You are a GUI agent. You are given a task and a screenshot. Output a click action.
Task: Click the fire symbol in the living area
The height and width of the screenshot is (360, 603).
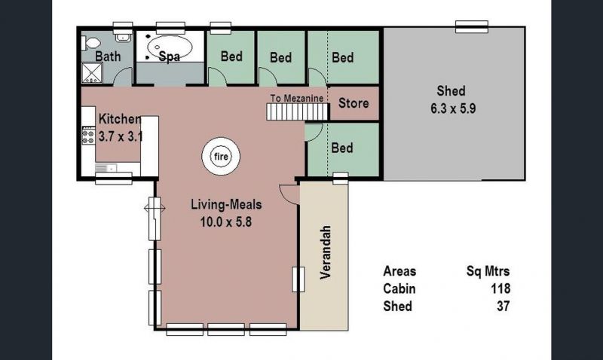pos(221,157)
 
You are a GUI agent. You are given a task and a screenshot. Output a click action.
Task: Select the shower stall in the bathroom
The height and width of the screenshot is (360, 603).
pos(92,73)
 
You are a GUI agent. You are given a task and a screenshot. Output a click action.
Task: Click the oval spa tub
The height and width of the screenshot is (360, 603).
pos(170,47)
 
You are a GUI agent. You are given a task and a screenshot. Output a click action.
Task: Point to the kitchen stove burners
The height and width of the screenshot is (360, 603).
pos(88,136)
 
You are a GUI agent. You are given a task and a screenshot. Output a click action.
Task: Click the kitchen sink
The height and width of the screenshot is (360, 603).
pos(106,168)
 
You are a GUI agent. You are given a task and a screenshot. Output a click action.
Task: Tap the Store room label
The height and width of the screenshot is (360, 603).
pos(354,103)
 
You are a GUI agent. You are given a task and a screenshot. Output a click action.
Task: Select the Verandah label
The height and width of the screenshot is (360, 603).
pos(326,252)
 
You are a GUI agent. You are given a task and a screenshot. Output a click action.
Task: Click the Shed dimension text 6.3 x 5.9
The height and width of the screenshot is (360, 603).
pos(453,108)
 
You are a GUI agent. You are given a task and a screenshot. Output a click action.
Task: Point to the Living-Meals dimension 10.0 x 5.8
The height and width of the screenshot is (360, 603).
pos(225,221)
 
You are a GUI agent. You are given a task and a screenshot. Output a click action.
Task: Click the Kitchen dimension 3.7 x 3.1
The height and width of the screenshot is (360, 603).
pos(121,136)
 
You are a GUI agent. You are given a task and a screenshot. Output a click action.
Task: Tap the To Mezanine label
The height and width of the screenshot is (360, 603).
pos(296,99)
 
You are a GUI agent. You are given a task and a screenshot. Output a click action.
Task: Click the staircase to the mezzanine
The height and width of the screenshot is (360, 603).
pos(298,112)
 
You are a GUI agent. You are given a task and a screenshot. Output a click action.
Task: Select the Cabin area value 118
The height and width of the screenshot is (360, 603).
pos(500,288)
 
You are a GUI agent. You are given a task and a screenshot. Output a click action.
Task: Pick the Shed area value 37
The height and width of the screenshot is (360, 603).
pos(503,307)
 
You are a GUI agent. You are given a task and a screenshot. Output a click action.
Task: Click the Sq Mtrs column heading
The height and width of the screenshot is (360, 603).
pos(488,271)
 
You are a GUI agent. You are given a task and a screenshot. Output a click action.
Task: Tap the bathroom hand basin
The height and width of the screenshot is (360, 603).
pos(123,37)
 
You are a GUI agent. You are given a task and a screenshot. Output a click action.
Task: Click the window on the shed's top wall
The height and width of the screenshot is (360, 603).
pos(472,27)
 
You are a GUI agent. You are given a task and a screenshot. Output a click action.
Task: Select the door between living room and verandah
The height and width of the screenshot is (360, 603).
pos(289,194)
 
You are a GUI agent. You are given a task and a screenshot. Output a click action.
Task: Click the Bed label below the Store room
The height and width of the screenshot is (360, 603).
pos(342,148)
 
